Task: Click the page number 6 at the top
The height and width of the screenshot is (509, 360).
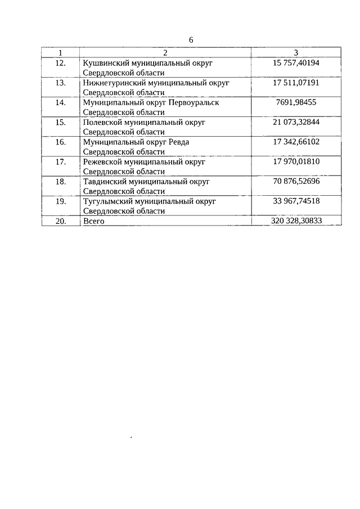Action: [191, 40]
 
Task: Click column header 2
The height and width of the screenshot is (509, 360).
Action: [165, 53]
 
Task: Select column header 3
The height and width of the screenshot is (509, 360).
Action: [296, 53]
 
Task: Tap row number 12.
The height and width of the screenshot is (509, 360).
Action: [60, 63]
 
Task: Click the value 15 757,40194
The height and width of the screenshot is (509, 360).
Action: [296, 63]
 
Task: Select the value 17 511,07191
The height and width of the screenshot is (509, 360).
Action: [296, 83]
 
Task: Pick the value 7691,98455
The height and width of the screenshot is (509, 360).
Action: [296, 102]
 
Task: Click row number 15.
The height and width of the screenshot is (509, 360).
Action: [60, 122]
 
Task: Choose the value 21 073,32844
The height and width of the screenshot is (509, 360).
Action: [296, 122]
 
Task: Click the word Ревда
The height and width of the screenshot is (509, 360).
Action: [178, 142]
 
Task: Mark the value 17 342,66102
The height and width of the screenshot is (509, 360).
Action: [296, 142]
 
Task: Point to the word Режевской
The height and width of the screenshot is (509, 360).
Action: [102, 161]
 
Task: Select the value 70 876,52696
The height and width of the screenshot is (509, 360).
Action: [296, 181]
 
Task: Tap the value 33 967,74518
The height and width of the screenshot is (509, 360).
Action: [296, 201]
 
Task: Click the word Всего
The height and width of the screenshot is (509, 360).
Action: [93, 221]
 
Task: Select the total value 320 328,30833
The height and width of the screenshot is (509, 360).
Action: [296, 221]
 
